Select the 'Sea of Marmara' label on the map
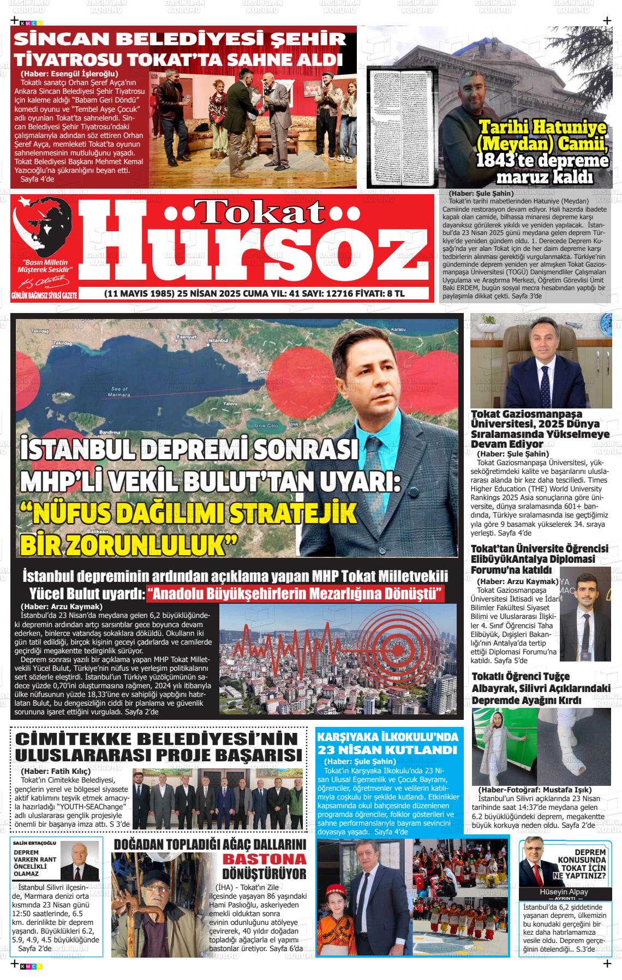(x=119, y=390)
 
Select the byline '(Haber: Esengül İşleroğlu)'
(x=69, y=74)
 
